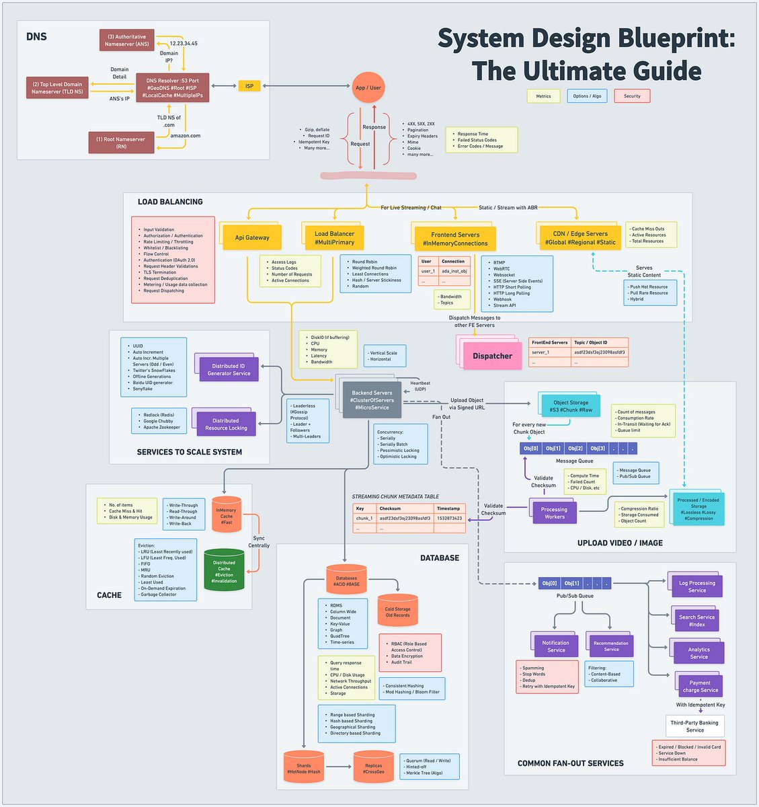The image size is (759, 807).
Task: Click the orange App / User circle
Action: coord(368,87)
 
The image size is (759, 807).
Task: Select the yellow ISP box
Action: coord(249,86)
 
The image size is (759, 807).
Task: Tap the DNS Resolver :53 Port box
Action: coord(173,89)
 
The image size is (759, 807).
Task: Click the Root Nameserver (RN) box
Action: coord(121,143)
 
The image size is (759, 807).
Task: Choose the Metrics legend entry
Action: coord(543,96)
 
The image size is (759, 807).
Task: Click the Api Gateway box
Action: coord(252,237)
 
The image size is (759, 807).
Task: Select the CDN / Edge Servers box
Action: coord(580,237)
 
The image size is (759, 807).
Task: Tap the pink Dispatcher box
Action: coord(492,356)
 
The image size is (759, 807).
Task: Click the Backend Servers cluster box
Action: coord(372,400)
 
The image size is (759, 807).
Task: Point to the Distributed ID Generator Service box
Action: coord(229,369)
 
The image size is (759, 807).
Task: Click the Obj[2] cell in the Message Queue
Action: coord(575,448)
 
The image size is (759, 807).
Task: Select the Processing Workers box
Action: coord(554,513)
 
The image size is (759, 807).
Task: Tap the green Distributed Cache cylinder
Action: coord(224,571)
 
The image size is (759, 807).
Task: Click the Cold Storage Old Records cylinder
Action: coord(397,611)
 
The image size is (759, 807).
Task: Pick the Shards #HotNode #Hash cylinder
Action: coord(304,768)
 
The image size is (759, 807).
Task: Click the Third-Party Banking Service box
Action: coord(694,726)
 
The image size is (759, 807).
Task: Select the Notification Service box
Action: coord(556,646)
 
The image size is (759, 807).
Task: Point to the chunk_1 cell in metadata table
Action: coord(364,518)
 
